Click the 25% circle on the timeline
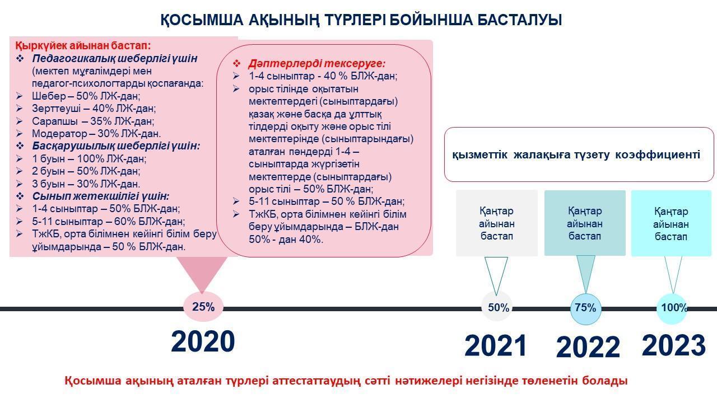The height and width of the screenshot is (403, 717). click(203, 307)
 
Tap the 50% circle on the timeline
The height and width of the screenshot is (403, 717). click(497, 307)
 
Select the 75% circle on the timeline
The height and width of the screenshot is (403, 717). click(585, 308)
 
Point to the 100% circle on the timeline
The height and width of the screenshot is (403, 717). click(672, 308)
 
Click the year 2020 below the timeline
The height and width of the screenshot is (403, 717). click(203, 341)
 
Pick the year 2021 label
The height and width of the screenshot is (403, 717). click(496, 346)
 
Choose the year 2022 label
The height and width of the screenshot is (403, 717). click(588, 347)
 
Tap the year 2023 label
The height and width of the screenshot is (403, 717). click(674, 345)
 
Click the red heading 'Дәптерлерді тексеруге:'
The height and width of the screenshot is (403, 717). click(316, 64)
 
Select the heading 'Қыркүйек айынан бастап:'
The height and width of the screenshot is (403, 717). click(83, 46)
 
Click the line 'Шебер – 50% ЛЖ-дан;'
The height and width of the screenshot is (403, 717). click(86, 96)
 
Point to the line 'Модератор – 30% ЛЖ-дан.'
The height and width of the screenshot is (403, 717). click(96, 133)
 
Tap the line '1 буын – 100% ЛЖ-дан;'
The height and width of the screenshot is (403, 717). click(89, 158)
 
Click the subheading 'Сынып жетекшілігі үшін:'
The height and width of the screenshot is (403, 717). click(100, 196)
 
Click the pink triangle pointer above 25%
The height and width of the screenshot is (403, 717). click(202, 274)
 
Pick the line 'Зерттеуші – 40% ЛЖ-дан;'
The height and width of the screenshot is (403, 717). click(94, 109)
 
